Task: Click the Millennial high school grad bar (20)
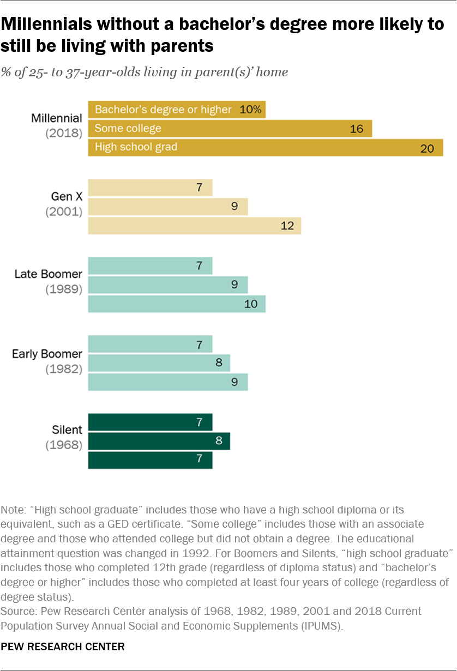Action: pos(266,147)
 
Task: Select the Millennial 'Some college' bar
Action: pos(230,129)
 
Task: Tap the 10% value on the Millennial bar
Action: pos(251,110)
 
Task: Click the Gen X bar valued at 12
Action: pos(194,226)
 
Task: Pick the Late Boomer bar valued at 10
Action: pos(177,304)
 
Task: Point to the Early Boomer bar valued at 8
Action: pos(159,362)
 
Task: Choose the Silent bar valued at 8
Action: pos(159,441)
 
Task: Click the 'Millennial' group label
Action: pos(57,118)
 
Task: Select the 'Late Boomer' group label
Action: pos(48,275)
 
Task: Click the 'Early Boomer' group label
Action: pos(47,354)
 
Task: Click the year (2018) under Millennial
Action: pos(63,133)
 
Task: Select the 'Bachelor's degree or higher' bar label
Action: pos(163,110)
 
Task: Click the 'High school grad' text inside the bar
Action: pos(136,147)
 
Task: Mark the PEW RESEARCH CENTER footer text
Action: pos(63,647)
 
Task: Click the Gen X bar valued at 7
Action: pos(150,188)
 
